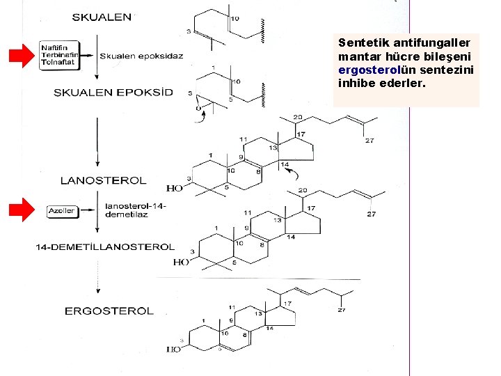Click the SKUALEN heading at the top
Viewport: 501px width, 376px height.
point(102,17)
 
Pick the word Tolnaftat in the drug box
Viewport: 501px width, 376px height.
point(58,62)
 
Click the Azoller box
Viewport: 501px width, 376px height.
point(61,210)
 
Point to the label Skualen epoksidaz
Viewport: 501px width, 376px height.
point(141,56)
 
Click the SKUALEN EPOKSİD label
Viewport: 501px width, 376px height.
point(113,93)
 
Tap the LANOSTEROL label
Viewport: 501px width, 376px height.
point(104,180)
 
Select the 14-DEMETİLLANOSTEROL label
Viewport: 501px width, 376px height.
point(105,246)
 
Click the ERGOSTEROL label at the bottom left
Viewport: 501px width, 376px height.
point(109,311)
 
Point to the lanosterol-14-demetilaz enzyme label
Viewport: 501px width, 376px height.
point(136,210)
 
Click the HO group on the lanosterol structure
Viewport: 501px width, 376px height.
point(175,188)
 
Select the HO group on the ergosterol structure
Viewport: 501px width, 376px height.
point(173,349)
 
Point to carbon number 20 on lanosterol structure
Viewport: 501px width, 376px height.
point(298,117)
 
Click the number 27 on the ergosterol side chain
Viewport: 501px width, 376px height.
point(342,310)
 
